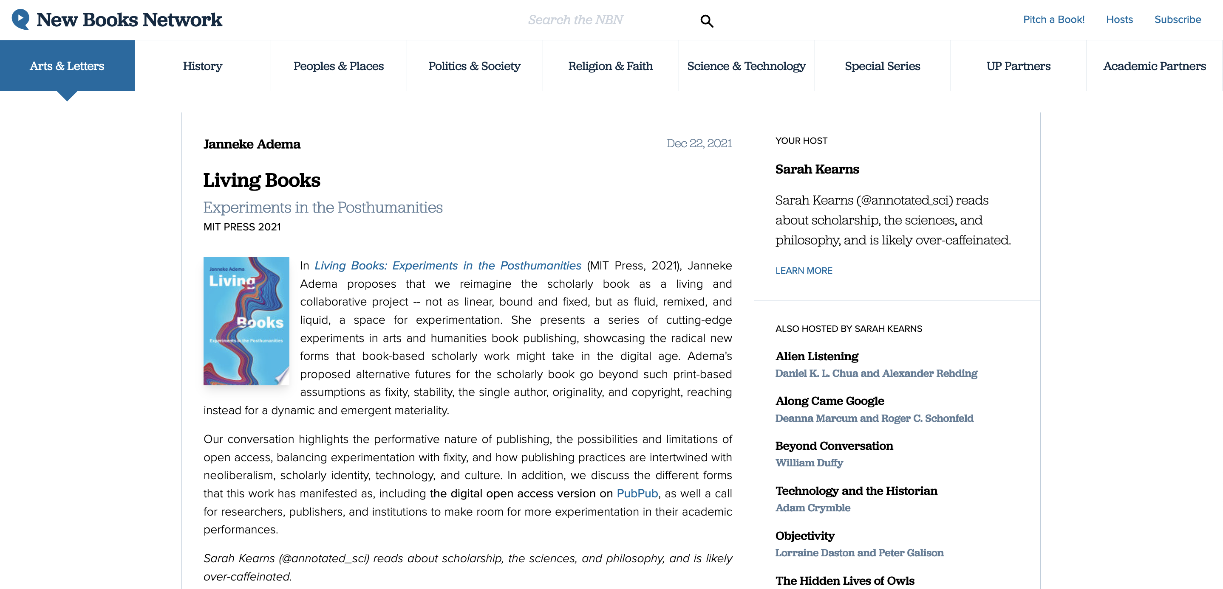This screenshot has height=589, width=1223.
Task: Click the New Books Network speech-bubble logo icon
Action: coord(20,20)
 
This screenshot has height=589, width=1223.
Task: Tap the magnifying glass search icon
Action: coord(706,21)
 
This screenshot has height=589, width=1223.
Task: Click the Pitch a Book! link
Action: coord(1053,20)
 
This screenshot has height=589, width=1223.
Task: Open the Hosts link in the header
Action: coord(1119,20)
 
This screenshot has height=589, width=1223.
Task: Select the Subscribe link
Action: coord(1178,20)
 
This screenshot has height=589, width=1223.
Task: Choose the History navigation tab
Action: coord(203,66)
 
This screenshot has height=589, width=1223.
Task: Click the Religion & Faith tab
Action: coord(611,66)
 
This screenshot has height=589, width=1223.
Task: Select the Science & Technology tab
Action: coord(746,66)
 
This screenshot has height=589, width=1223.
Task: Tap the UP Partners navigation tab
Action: coord(1018,66)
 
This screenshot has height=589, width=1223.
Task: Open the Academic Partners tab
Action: coord(1154,66)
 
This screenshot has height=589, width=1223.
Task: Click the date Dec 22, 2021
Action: coord(699,143)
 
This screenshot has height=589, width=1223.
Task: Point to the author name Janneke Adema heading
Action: coord(252,144)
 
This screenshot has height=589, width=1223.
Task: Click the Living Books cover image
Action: coord(246,320)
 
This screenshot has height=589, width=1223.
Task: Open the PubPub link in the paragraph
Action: coord(637,493)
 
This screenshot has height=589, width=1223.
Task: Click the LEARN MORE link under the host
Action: coord(804,271)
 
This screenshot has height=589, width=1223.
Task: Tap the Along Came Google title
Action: coord(829,401)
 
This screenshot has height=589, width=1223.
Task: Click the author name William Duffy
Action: coord(809,463)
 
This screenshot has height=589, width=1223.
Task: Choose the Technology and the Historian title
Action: coord(856,491)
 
